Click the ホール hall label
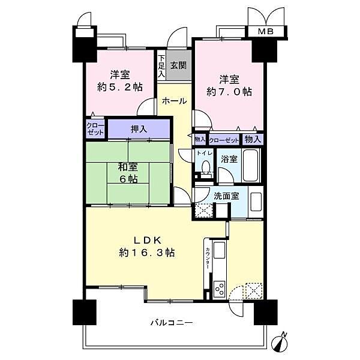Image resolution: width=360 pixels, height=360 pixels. pyautogui.click(x=174, y=101)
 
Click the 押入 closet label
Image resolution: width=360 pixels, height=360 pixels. pyautogui.click(x=139, y=129)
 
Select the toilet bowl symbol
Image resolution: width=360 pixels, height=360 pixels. pyautogui.click(x=206, y=167)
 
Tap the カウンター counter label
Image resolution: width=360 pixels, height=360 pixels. pyautogui.click(x=207, y=257)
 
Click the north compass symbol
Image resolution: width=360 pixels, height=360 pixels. pyautogui.click(x=281, y=342)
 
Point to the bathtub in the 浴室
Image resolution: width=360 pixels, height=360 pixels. pyautogui.click(x=251, y=166)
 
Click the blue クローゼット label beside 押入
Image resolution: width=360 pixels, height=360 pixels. pyautogui.click(x=96, y=129)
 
